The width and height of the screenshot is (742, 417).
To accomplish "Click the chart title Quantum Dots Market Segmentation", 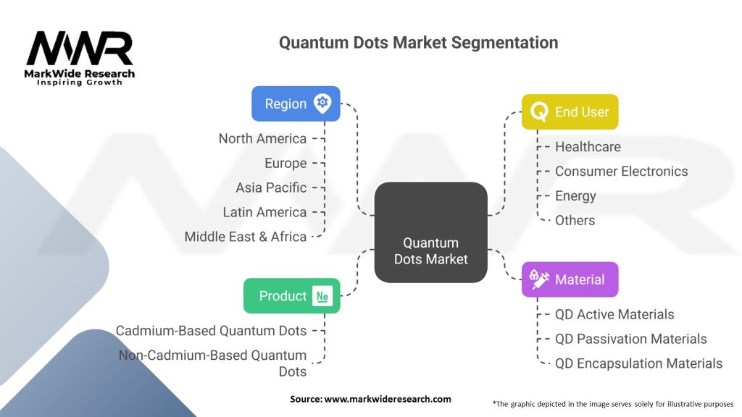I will pos(418,43).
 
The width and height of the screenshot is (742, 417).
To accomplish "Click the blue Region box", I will pos(296,104).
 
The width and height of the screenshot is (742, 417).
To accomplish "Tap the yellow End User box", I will pos(570,112).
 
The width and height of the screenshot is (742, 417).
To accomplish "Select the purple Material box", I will pos(570,279).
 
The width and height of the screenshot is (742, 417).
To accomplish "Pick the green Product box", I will pos(291,296).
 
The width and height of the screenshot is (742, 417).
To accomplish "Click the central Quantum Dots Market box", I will pos(430,232).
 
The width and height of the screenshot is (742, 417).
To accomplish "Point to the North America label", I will pos(262,138).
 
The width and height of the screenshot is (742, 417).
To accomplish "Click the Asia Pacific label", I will pos(271,188).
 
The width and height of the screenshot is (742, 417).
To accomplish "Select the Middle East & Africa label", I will pos(245,237).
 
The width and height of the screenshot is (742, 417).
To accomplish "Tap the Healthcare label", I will pos(588,147).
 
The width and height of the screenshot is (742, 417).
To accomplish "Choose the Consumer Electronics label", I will pos(621,172).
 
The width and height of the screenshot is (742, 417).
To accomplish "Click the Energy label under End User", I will pos(575,196).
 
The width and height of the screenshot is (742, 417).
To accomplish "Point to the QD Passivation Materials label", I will pos(630,339).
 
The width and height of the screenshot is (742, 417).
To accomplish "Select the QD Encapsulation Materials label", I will pos(638,363).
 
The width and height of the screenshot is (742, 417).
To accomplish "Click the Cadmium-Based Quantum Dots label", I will pos(211,331).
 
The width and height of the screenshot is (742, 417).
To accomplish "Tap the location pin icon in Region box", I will pos(322,104).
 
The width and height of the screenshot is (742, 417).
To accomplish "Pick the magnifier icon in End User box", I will pos(539,112).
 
